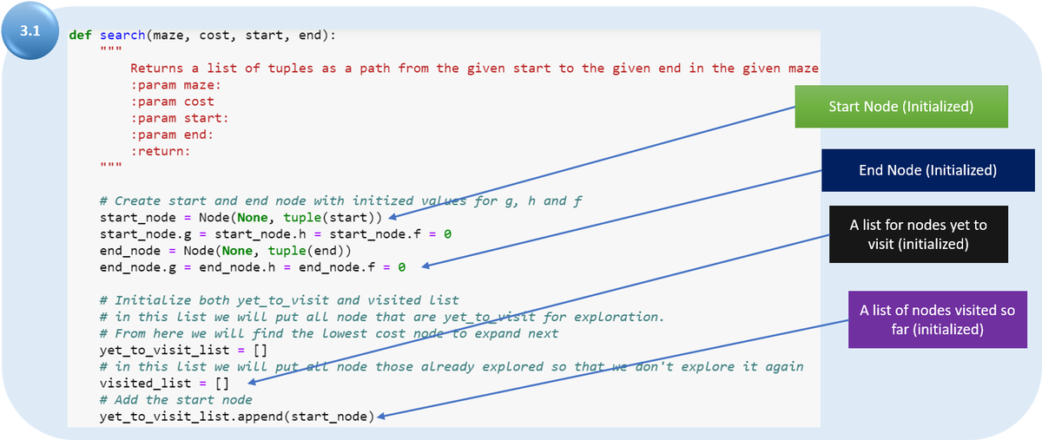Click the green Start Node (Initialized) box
900,107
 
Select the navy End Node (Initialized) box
927,170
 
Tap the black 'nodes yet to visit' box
918,234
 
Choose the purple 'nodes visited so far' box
937,319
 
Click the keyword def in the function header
81,36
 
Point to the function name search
122,36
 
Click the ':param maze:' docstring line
175,85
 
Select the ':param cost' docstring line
172,102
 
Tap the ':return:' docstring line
160,151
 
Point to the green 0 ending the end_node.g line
401,266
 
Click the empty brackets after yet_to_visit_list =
260,350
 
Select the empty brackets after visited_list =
221,383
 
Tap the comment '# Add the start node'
175,399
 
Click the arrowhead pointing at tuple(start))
393,216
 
